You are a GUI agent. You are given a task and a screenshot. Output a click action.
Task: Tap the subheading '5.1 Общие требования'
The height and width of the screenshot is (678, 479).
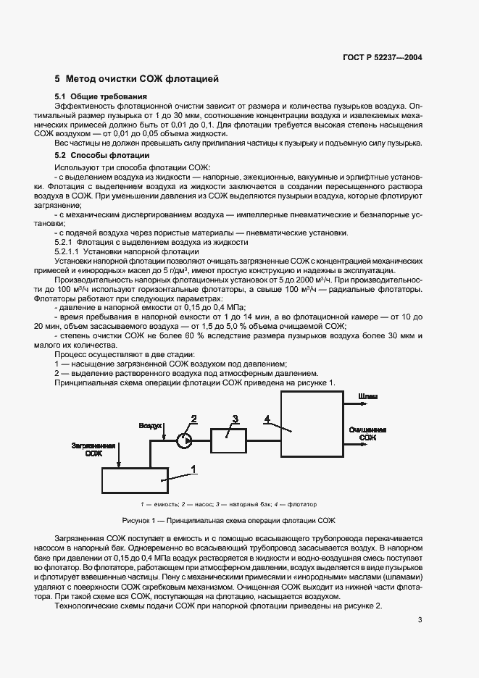click(101, 96)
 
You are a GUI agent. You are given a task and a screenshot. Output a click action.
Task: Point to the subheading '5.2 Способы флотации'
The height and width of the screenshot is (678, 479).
click(102, 155)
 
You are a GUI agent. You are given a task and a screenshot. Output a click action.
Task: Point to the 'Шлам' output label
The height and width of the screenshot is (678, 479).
click(367, 398)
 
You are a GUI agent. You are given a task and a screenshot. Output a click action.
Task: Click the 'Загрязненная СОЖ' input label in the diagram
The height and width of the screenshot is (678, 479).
click(93, 449)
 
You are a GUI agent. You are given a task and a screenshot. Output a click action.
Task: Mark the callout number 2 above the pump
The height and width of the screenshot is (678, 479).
click(194, 418)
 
